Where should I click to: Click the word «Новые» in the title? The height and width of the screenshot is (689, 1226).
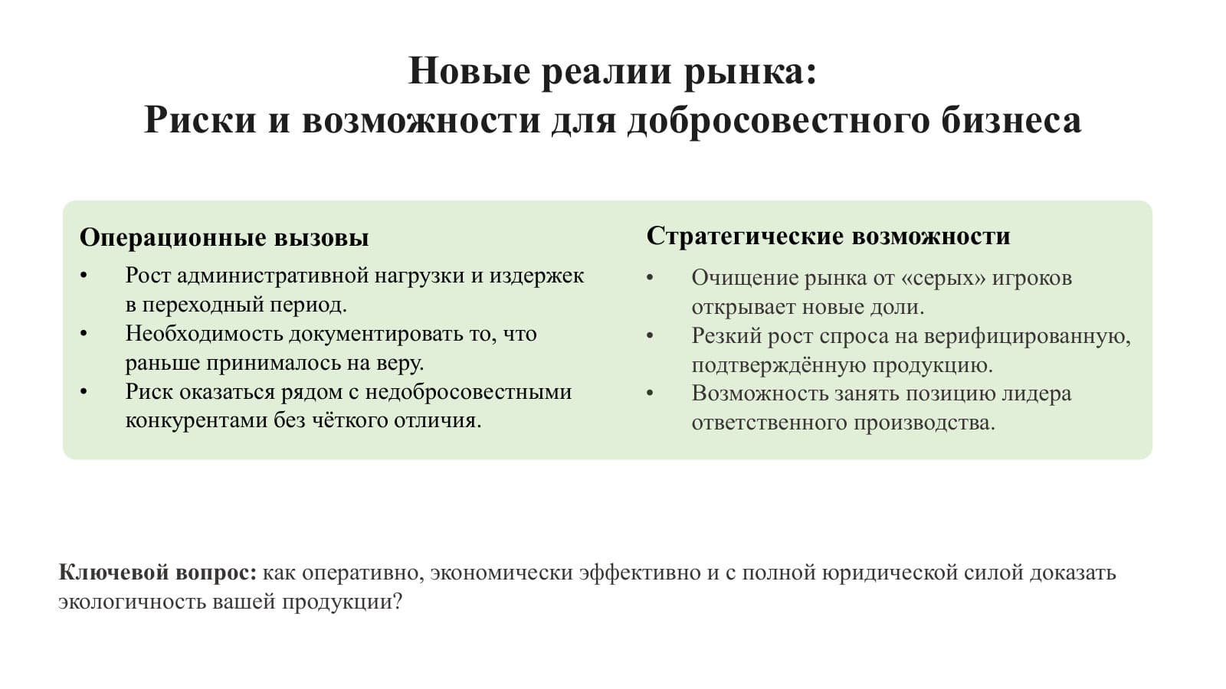tap(469, 71)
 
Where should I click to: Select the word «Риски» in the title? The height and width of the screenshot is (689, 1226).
tap(200, 119)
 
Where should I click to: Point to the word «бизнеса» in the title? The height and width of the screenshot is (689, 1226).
tap(1011, 119)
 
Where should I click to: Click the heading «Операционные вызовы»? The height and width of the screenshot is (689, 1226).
tap(225, 238)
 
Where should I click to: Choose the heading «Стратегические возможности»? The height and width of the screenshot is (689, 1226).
tap(828, 237)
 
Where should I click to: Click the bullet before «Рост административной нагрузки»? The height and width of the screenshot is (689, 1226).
tap(84, 276)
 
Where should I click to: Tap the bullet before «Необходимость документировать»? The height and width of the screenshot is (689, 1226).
tap(84, 334)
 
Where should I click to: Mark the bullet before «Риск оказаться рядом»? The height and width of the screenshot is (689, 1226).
tap(84, 391)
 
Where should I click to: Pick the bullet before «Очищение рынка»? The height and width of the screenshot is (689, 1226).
tap(651, 278)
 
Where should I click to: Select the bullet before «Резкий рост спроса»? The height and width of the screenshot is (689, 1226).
tap(651, 336)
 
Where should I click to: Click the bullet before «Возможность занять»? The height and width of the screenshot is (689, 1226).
tap(651, 393)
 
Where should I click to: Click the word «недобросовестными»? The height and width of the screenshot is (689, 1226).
tap(468, 392)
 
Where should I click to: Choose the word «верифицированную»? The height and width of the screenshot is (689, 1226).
tap(1028, 336)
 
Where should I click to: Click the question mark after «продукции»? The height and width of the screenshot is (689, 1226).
tap(398, 602)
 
